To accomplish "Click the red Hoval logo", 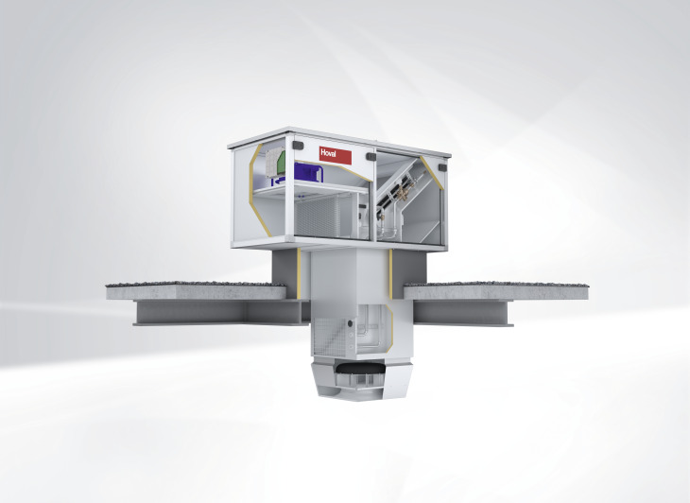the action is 336,155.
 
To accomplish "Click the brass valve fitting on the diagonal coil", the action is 402,192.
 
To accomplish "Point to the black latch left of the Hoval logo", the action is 299,146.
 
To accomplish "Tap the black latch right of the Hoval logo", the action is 371,156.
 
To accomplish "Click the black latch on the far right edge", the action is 441,166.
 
